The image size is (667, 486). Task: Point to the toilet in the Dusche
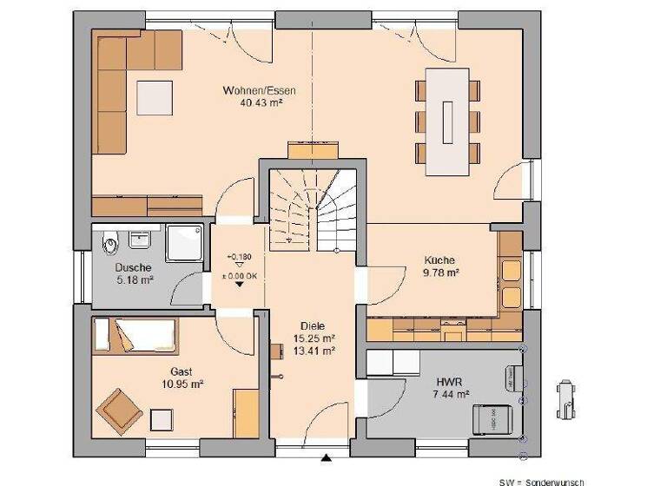[109, 240]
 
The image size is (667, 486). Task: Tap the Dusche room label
[133, 267]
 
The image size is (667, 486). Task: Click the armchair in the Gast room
[119, 410]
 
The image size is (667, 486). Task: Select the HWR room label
[448, 381]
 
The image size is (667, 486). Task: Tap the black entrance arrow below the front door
[327, 457]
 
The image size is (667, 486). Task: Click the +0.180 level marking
[239, 258]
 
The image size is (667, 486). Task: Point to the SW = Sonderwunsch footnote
[541, 481]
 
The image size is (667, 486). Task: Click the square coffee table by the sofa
[154, 95]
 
